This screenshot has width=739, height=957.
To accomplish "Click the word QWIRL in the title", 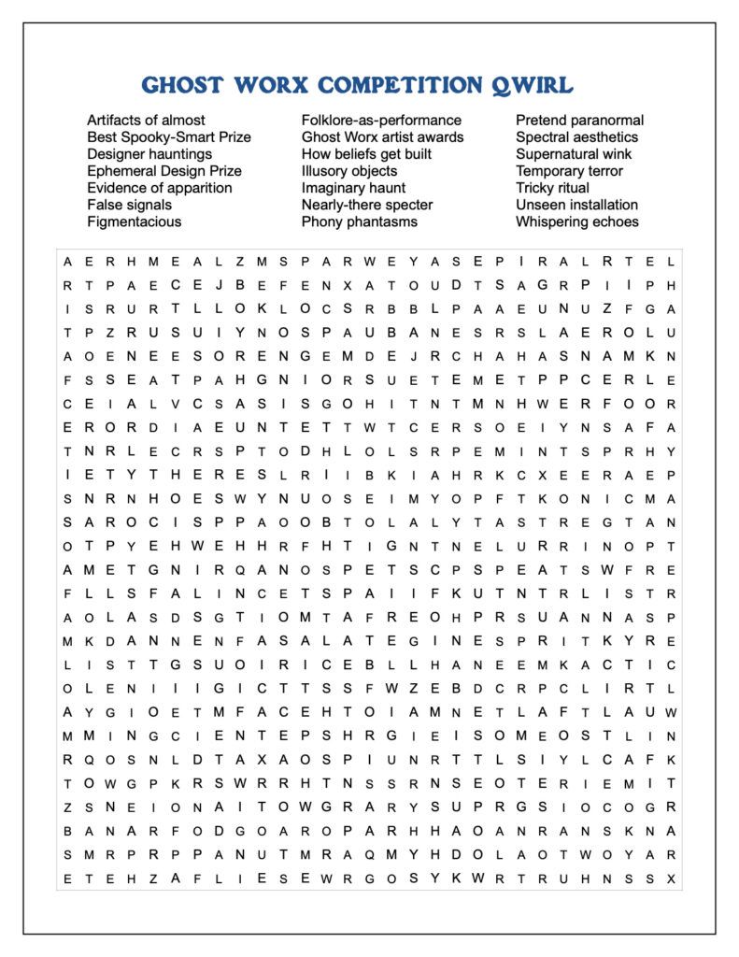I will click(532, 86).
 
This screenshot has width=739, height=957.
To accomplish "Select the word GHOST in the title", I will click(182, 86).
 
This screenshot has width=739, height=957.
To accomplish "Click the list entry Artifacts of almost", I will click(146, 121).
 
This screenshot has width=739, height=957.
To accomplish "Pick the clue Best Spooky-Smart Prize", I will click(169, 137).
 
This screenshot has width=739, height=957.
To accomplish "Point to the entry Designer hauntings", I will click(149, 154).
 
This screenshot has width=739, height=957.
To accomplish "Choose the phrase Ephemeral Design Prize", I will click(164, 171).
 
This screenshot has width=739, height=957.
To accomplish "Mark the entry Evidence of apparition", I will click(160, 188).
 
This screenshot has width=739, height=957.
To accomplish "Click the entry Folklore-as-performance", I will click(381, 121).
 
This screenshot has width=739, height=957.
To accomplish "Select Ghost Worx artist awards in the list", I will click(382, 137).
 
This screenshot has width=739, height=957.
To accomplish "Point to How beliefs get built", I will click(366, 154).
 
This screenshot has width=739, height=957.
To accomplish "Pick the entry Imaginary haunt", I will click(353, 188).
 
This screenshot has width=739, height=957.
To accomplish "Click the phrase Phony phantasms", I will click(359, 221).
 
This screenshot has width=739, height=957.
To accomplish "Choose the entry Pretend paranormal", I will click(579, 121).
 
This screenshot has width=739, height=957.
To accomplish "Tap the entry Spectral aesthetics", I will click(576, 137).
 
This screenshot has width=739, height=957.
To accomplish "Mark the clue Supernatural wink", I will click(574, 154).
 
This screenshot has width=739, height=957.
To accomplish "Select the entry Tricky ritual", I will click(552, 188).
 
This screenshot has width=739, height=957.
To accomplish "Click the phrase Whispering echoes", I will click(576, 221).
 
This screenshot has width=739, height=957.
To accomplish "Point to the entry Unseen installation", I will click(576, 205).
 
